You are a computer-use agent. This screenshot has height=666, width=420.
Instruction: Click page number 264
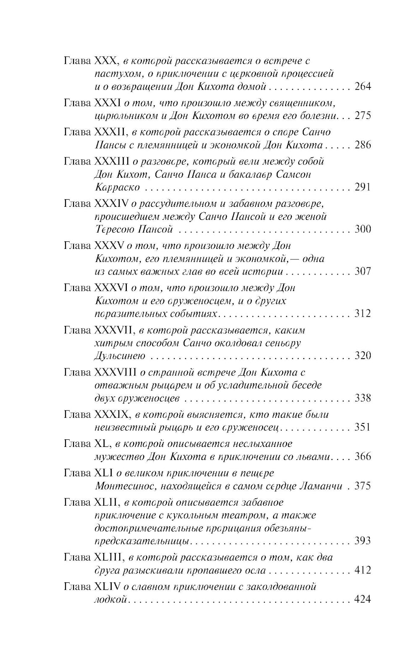363,87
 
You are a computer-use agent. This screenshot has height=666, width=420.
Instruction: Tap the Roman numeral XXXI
108,103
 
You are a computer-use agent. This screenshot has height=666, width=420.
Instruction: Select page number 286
363,145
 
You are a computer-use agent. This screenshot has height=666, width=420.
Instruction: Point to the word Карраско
117,188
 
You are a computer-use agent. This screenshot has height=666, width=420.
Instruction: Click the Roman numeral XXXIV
111,204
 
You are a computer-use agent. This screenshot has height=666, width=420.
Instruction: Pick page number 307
363,271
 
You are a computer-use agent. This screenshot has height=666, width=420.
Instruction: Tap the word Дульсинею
120,356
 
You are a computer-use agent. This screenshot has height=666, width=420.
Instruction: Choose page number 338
363,398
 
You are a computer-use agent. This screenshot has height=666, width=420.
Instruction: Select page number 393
363,541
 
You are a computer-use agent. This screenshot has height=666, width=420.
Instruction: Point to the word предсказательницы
141,541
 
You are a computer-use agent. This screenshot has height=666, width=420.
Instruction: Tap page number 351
363,427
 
